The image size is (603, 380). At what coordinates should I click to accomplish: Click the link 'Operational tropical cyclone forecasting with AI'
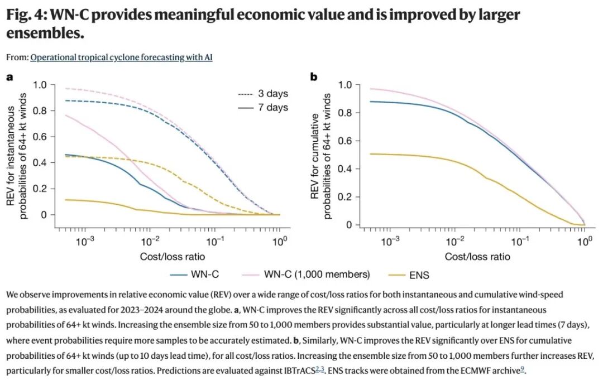tap(122, 57)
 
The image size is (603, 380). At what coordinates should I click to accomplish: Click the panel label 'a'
tap(9, 77)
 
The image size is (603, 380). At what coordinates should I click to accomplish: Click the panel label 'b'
tap(314, 77)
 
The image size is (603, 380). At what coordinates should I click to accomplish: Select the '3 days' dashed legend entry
tap(263, 93)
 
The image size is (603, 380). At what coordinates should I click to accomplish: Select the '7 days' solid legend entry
tap(263, 107)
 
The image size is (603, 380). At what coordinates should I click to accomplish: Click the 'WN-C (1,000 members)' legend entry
tap(306, 275)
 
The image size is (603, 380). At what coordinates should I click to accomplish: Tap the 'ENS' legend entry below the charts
tap(408, 275)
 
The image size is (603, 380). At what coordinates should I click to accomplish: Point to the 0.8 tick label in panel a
tap(40, 110)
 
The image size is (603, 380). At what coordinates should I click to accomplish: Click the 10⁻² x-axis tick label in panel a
tap(150, 241)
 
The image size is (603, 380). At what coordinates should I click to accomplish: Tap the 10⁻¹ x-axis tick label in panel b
tap(520, 241)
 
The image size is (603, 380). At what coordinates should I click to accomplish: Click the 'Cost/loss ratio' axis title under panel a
tap(173, 257)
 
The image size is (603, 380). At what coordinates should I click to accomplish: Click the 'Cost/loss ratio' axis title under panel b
tap(477, 257)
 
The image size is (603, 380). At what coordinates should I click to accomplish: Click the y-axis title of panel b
tap(320, 156)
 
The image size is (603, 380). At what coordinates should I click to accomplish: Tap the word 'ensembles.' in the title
tap(45, 33)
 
